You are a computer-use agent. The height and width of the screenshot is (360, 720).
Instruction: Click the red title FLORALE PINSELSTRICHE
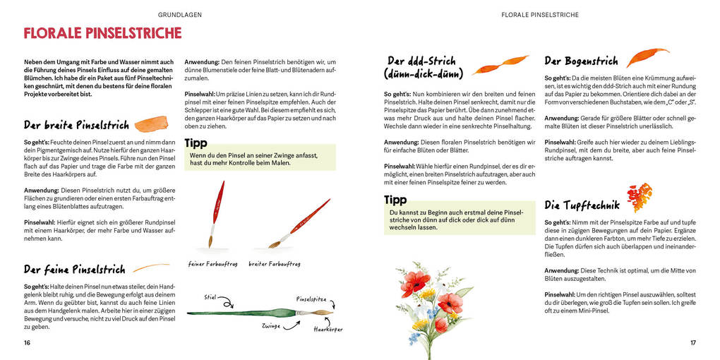click(102, 33)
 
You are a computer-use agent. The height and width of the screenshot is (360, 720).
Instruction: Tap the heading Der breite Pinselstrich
click(76, 125)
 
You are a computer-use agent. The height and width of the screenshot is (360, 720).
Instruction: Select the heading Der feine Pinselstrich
click(74, 270)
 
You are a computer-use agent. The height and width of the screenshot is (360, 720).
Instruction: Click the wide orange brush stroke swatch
click(150, 124)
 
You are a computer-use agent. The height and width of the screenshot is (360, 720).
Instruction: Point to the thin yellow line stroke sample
click(150, 268)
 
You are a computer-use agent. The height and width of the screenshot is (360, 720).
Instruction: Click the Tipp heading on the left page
click(196, 143)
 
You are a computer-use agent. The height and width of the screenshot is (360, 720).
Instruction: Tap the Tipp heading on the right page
click(395, 200)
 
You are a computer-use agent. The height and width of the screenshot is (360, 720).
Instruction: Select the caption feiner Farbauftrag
click(212, 264)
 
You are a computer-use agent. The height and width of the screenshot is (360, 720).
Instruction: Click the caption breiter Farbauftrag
click(275, 264)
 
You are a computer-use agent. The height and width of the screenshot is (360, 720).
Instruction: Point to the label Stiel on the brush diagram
click(210, 296)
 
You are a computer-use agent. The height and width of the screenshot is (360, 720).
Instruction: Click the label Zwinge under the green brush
click(272, 326)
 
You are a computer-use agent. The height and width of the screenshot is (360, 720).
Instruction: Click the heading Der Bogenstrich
click(581, 61)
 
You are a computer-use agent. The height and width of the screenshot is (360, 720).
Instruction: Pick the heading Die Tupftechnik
click(582, 205)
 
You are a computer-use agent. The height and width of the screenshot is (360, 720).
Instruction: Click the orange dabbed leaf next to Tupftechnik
click(640, 198)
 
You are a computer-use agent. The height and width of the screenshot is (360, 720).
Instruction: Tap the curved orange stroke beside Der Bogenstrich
click(647, 56)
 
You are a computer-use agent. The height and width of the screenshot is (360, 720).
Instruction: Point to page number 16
click(28, 343)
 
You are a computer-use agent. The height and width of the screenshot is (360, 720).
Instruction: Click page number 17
click(692, 343)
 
